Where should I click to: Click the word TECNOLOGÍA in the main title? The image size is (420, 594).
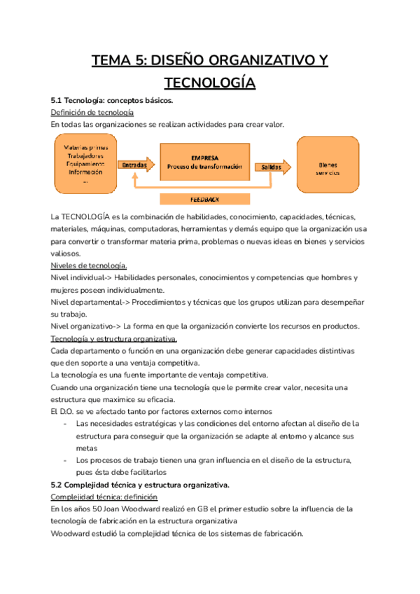209,83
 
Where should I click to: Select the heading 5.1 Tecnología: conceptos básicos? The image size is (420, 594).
107,101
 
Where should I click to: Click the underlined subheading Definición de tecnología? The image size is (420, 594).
92,113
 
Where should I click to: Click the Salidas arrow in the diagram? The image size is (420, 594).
272,167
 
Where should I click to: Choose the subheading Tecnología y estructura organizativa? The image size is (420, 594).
113,338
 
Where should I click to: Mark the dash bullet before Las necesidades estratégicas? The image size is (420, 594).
65,424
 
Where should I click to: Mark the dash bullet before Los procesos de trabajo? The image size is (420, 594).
65,460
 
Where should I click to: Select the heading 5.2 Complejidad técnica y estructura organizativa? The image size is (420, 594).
140,484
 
